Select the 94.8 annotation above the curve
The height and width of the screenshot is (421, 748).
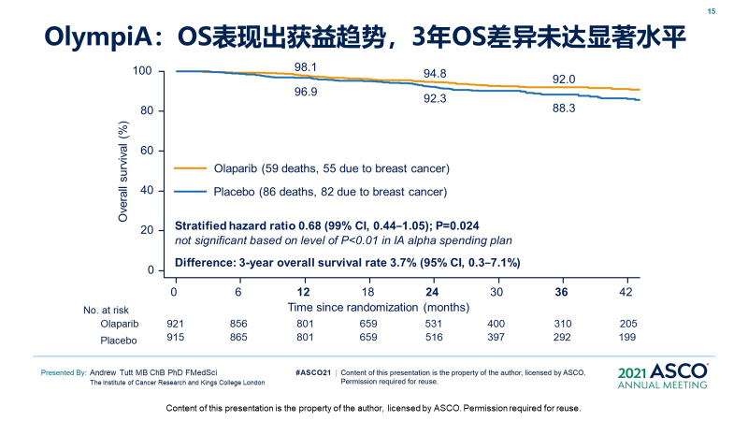click(435, 73)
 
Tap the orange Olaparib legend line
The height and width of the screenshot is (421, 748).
click(191, 168)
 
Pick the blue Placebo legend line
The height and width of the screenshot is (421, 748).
click(191, 192)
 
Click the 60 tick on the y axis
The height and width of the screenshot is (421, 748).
click(145, 151)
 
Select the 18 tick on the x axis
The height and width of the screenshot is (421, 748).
click(368, 292)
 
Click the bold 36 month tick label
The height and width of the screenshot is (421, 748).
click(561, 292)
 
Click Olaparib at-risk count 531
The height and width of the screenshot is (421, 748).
click(433, 323)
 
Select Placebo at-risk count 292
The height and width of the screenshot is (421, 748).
click(561, 337)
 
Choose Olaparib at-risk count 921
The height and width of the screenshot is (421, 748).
click(175, 323)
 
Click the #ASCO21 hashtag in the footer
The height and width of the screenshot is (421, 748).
click(313, 372)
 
